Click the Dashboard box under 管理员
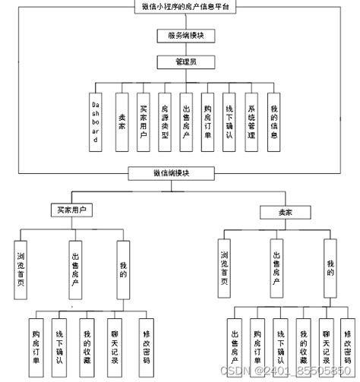coord(95,122)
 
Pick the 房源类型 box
coord(165,122)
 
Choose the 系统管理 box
coord(251,122)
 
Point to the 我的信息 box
coord(273,122)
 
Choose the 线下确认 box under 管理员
coord(229,122)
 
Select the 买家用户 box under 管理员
coord(143,122)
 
